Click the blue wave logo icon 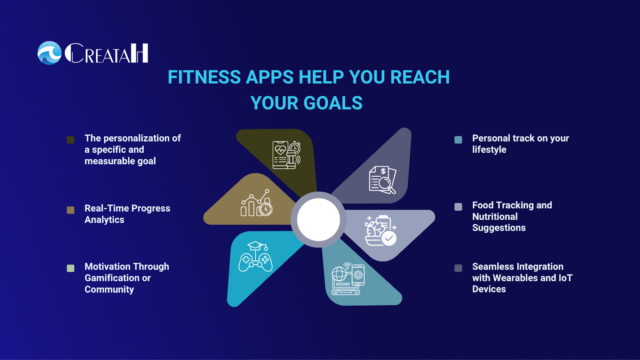pos(50,53)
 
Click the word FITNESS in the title pos(204,77)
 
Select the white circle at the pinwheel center pos(318,220)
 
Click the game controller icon pos(256,256)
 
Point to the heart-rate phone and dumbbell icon pos(286,155)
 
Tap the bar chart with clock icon pos(256,203)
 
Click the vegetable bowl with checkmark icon pos(380,231)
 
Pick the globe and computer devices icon pos(348,279)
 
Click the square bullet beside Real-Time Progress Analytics pos(70,210)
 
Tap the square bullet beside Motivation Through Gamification pos(70,268)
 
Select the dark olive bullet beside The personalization pos(70,140)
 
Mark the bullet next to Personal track pos(458,140)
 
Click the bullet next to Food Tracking pos(458,207)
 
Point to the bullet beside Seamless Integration pos(458,268)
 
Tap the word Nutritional pos(495,216)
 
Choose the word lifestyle pos(489,150)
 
